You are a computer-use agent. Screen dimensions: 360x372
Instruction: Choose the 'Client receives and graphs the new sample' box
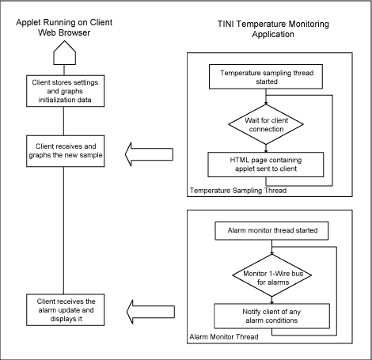[x=64, y=150]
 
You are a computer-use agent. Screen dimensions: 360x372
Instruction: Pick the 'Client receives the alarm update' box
[x=64, y=307]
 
